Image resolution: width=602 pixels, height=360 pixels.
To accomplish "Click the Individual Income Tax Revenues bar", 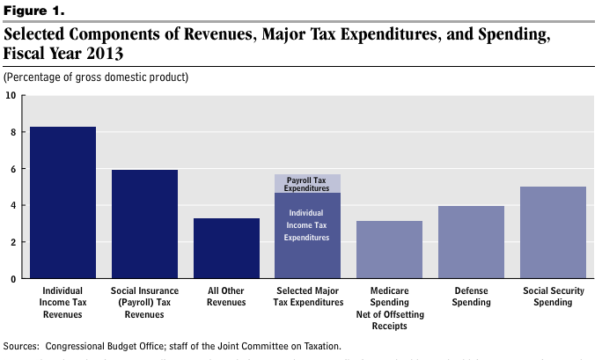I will tap(62, 202).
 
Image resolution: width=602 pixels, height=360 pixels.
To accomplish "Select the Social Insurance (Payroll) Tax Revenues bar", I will tap(144, 224).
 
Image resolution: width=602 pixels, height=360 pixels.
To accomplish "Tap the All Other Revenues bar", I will tap(226, 248).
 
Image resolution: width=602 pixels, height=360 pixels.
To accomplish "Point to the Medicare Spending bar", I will tap(390, 250).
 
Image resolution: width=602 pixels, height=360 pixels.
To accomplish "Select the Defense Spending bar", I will tap(472, 242).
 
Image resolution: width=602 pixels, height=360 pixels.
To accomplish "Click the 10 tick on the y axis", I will tap(11, 95).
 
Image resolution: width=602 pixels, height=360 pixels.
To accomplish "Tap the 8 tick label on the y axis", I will tap(12, 132).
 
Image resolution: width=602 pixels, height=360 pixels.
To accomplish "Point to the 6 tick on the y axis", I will tap(12, 169).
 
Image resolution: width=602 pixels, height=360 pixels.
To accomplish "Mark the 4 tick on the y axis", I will tap(12, 206).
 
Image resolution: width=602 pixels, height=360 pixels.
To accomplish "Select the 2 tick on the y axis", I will tap(12, 242).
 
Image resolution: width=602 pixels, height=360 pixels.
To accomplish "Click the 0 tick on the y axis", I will tap(12, 279).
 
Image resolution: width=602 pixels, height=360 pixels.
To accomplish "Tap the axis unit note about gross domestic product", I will tap(97, 77).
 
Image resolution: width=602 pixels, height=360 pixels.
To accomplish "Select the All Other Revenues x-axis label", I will tap(226, 296).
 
